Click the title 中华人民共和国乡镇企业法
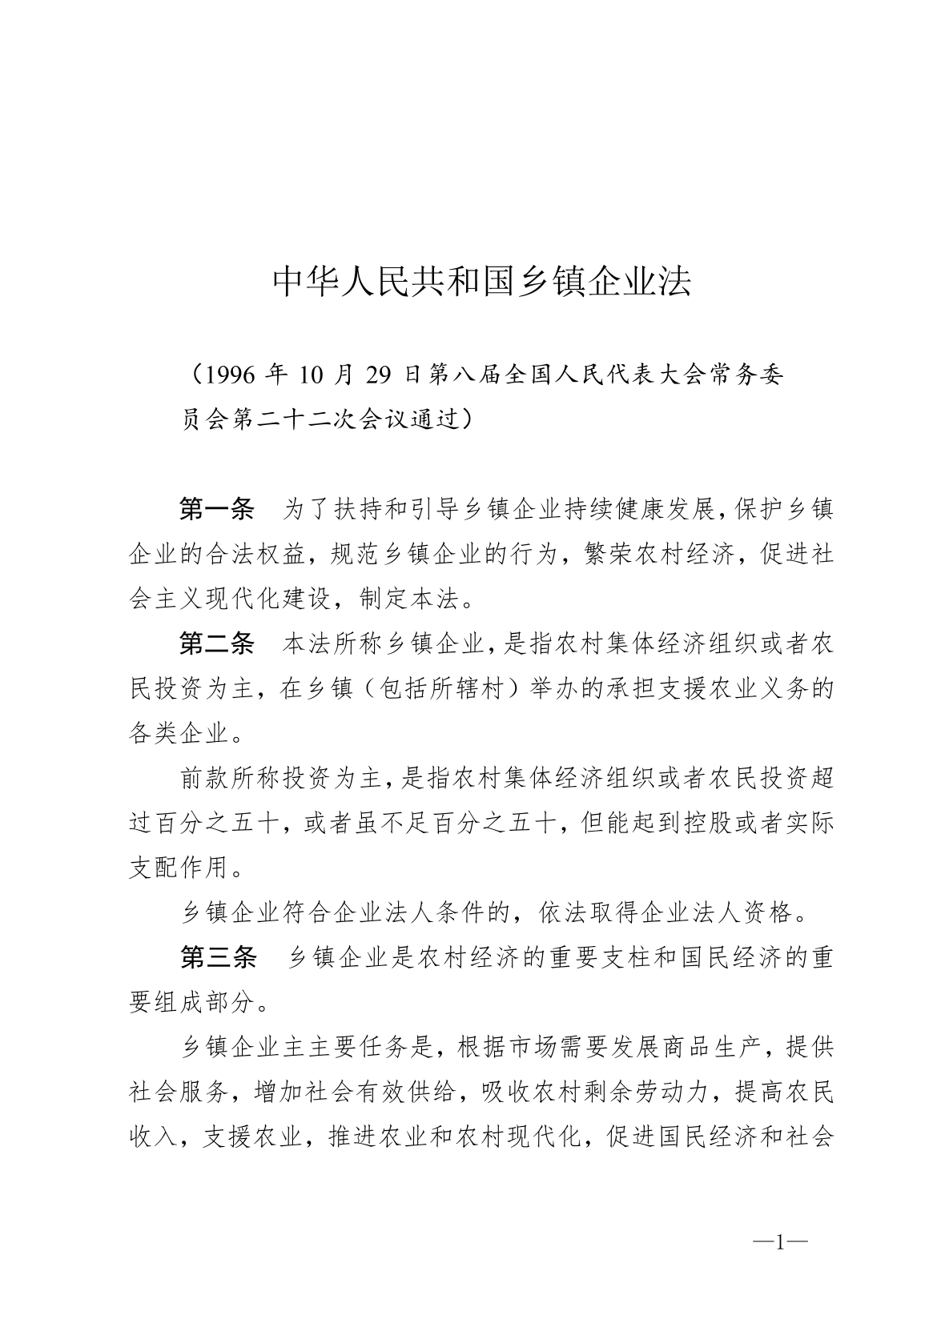(x=481, y=282)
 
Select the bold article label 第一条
(x=216, y=509)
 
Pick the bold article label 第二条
(x=216, y=643)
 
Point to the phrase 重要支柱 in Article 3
(x=593, y=957)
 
